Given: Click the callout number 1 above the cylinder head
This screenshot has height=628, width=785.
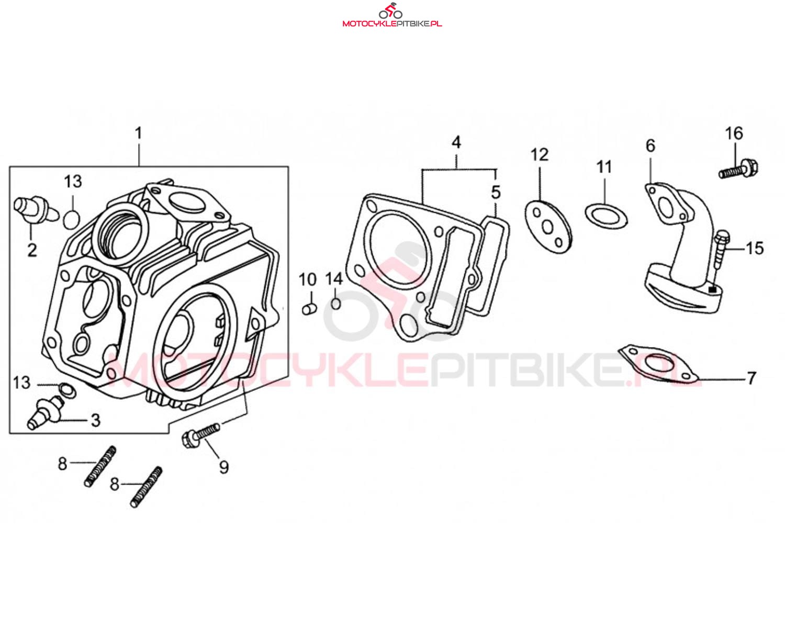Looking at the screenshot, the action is (x=138, y=133).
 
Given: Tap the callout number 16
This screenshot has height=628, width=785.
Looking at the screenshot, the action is (x=734, y=133).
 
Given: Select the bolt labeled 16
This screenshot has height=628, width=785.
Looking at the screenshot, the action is (x=738, y=170).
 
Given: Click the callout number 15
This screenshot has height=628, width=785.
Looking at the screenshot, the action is (x=755, y=249).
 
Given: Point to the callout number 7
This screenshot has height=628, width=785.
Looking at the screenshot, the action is (x=751, y=378).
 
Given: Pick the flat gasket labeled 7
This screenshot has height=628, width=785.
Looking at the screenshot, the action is (x=659, y=365).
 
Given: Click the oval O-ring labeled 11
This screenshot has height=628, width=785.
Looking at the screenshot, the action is (x=606, y=215).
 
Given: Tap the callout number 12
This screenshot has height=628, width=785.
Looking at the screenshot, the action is (x=539, y=155).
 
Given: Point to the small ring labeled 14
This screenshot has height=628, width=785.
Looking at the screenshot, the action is (x=337, y=303).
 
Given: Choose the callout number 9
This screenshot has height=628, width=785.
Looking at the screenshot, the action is (x=223, y=467).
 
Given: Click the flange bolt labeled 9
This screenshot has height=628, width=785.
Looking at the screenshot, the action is (x=200, y=435).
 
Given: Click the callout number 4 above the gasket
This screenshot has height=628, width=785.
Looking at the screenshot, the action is (x=456, y=142).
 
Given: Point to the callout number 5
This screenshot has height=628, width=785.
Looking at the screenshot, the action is (x=496, y=192).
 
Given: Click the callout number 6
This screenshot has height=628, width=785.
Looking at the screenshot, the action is (x=651, y=145).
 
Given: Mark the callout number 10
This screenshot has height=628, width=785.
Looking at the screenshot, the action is (x=308, y=280).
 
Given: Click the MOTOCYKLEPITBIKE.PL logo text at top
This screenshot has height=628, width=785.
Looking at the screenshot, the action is (x=392, y=24).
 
